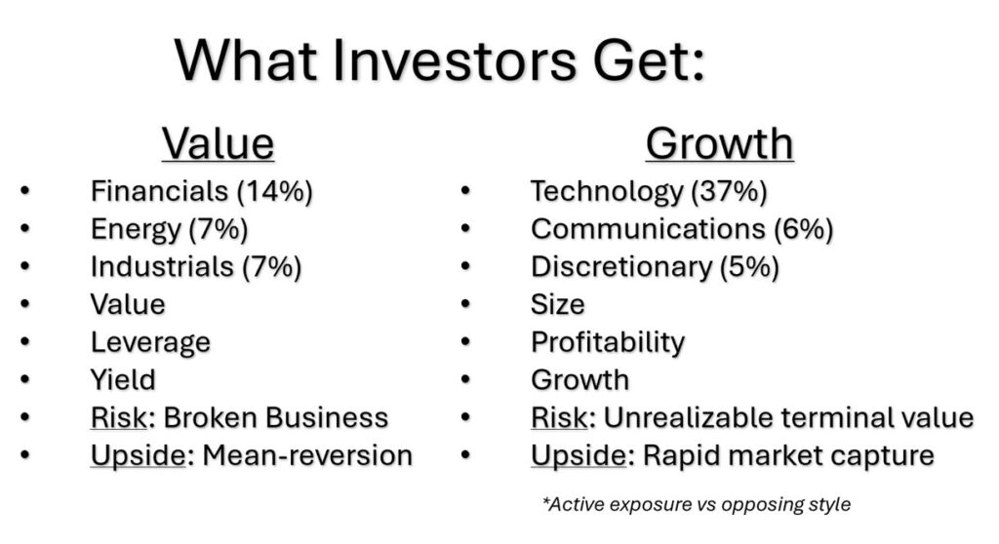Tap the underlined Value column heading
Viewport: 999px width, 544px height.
(218, 143)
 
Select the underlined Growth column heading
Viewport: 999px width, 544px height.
(719, 144)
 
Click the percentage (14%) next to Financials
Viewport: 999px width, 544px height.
(274, 191)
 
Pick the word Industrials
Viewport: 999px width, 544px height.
(163, 266)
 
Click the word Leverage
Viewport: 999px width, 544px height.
(150, 343)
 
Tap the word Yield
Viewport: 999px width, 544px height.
(123, 379)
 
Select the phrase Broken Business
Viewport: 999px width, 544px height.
(276, 418)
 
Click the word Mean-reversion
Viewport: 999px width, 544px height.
(307, 455)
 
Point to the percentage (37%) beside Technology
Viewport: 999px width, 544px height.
(729, 191)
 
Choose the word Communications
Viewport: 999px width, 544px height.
(648, 229)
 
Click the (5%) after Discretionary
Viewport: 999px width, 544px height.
(749, 267)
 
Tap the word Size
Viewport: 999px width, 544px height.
(557, 304)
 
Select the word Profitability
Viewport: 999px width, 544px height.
(608, 343)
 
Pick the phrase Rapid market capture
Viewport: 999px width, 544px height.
(788, 456)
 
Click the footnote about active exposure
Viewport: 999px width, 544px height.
(697, 504)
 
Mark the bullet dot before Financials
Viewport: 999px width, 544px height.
(24, 191)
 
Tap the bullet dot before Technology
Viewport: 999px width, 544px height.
(465, 191)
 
